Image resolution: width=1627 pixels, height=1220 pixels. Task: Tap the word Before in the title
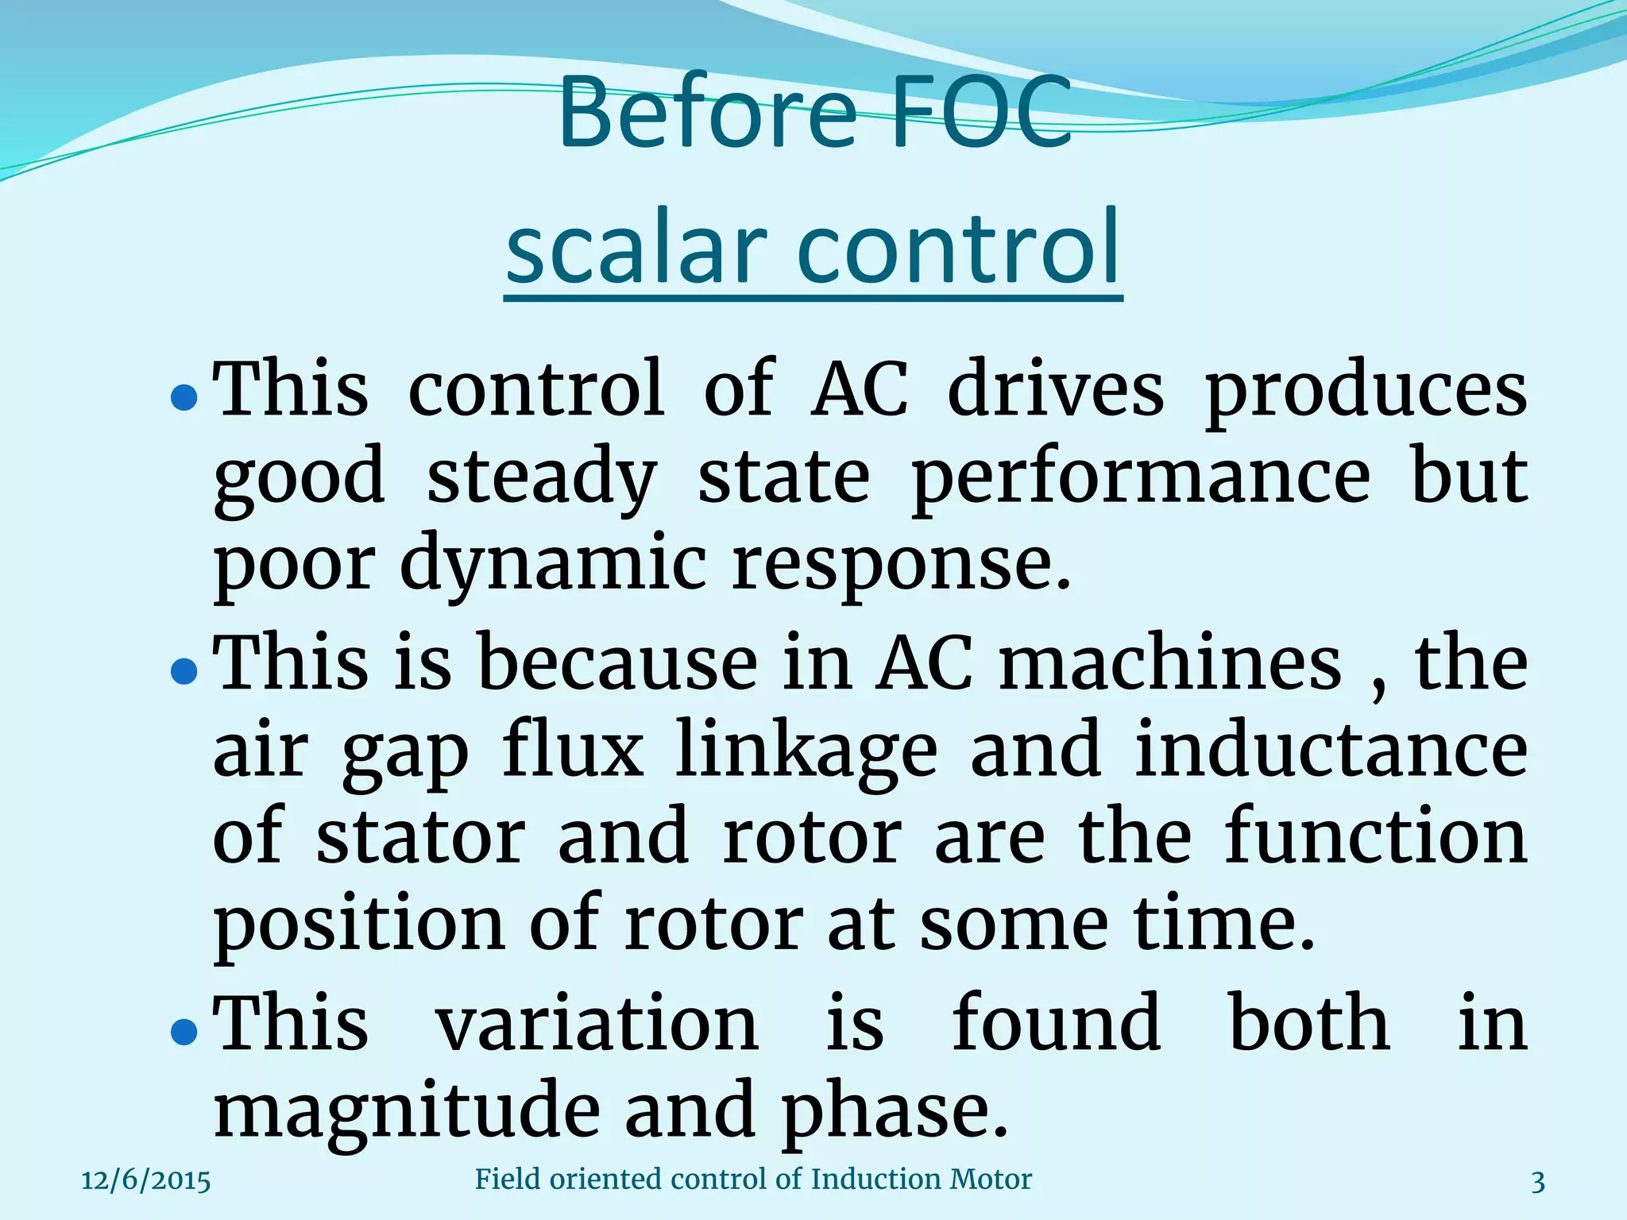point(707,113)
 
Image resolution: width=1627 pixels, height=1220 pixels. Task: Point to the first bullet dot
point(184,397)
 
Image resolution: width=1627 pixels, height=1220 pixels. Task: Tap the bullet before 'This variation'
point(184,1031)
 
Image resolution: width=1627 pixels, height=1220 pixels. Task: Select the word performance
point(1140,478)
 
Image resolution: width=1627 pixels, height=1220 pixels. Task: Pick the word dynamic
point(552,566)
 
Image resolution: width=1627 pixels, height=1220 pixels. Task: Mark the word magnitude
point(407,1112)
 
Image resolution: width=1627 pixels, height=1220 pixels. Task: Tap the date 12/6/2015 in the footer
point(146,1181)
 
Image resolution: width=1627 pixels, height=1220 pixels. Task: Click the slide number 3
point(1538,1183)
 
